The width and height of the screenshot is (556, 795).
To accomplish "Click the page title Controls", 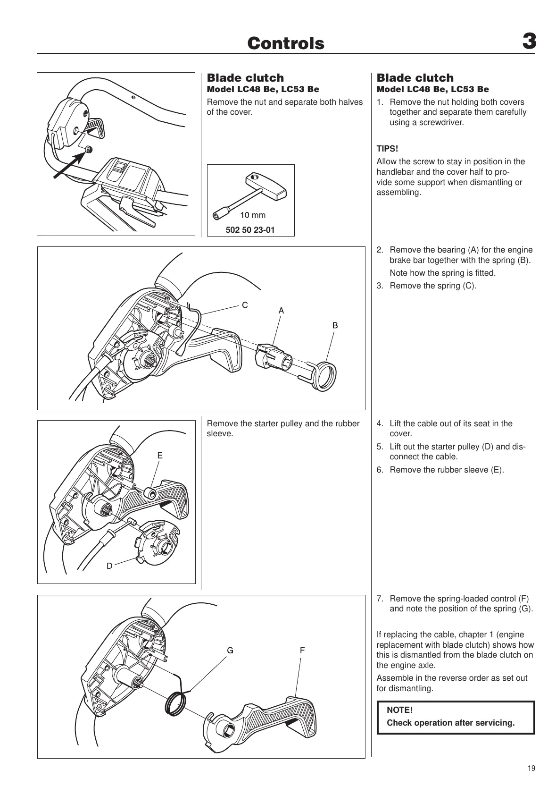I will click(x=286, y=43).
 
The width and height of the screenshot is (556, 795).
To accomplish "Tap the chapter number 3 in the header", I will click(x=529, y=42).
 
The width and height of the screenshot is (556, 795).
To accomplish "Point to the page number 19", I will click(x=531, y=769).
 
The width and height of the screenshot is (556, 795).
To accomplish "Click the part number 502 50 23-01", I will click(x=250, y=230).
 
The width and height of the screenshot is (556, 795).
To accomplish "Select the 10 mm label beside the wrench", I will click(x=253, y=215).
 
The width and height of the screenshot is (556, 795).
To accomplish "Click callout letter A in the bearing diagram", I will click(x=281, y=311).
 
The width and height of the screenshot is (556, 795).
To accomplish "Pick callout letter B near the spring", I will click(x=335, y=325).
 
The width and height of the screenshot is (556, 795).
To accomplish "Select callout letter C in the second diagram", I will click(x=245, y=305).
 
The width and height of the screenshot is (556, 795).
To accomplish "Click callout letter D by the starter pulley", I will click(x=109, y=566).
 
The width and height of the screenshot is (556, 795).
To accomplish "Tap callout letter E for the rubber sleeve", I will click(x=160, y=456).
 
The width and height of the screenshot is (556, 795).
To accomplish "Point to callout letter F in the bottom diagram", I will click(x=302, y=651).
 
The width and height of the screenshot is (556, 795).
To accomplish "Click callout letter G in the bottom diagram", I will click(x=230, y=651).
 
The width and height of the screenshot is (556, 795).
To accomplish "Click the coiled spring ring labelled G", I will click(x=176, y=703).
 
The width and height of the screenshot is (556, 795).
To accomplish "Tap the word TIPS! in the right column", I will click(x=387, y=149).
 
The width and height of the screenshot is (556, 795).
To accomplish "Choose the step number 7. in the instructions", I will click(x=380, y=599).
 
